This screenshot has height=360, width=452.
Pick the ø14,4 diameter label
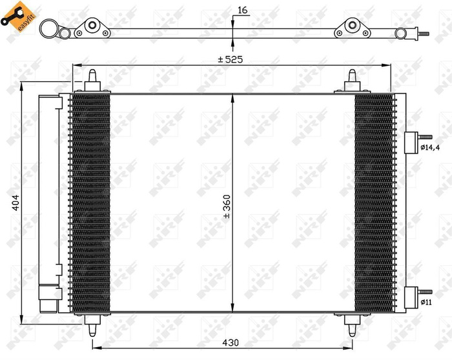click(x=430, y=148)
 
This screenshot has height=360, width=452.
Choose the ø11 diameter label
click(x=426, y=301)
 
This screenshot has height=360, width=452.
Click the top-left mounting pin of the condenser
click(x=92, y=81)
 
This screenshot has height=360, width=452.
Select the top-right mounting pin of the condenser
click(x=353, y=81)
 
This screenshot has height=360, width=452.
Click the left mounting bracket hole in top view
click(x=92, y=26)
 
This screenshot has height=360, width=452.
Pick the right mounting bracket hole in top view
click(x=352, y=26)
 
